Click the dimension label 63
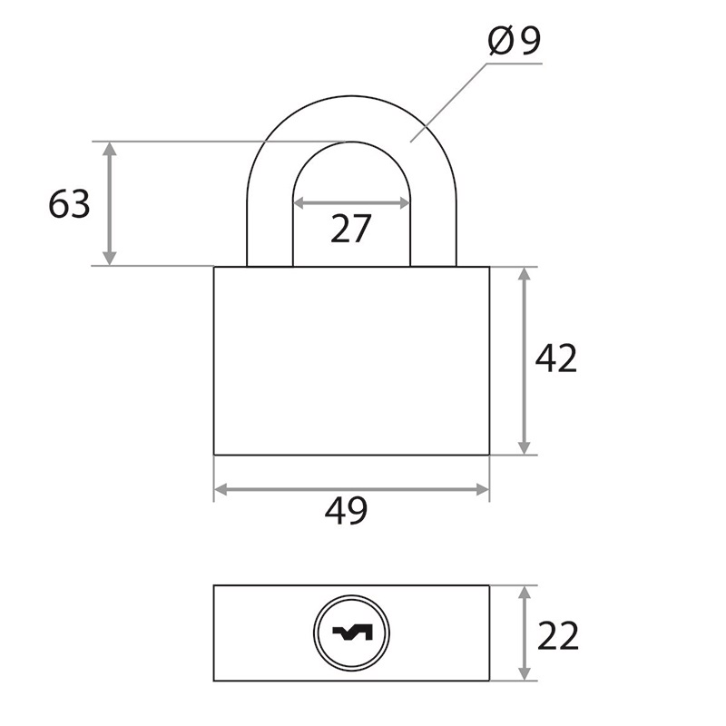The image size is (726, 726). point(70,203)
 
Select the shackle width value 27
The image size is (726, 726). point(351,229)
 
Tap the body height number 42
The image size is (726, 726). point(556,358)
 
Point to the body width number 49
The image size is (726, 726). point(346,510)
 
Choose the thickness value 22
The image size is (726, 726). point(558,635)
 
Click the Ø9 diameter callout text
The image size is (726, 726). point(515,40)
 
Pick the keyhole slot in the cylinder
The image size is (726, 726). point(352,633)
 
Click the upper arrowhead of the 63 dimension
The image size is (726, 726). point(109,149)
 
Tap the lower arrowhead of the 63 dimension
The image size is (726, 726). point(109,259)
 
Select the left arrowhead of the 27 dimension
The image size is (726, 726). point(301,202)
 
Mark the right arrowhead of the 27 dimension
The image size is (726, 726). point(403,202)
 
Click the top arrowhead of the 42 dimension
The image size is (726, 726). point(525,275)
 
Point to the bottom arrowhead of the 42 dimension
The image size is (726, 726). point(525,447)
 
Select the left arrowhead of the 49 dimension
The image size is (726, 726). point(221,489)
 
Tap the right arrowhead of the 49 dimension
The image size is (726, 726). point(482,489)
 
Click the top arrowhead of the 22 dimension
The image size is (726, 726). point(525,594)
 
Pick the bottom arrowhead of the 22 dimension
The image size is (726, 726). point(525,673)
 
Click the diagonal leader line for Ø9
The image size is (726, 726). point(448,103)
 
